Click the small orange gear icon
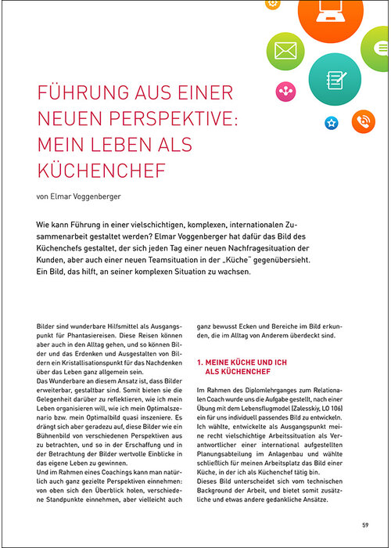tap(272, 4)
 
